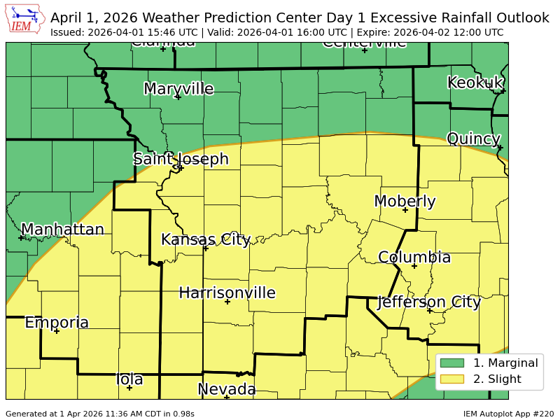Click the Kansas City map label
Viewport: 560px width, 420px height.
coord(205,239)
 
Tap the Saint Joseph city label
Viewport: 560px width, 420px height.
coord(181,159)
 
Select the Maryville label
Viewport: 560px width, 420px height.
coord(178,89)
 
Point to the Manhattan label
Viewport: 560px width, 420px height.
coord(62,230)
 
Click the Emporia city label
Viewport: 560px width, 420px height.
coord(57,323)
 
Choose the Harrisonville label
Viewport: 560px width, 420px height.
coord(227,293)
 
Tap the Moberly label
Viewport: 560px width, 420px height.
coord(405,202)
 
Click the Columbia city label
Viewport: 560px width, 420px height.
coord(414,258)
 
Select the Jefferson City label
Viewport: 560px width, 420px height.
coord(429,302)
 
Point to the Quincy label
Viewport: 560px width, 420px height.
coord(473,139)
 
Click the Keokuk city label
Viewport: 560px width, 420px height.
coord(475,83)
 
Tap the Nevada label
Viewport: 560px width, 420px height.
coord(226,389)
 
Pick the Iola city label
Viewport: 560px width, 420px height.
coord(129,379)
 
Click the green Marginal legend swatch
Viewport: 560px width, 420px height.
coord(452,363)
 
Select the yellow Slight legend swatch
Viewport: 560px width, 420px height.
coord(452,379)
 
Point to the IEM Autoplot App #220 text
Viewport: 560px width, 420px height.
coord(508,414)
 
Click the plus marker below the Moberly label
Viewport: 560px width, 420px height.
coord(405,210)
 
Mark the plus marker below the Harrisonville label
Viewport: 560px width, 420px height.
coord(227,302)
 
